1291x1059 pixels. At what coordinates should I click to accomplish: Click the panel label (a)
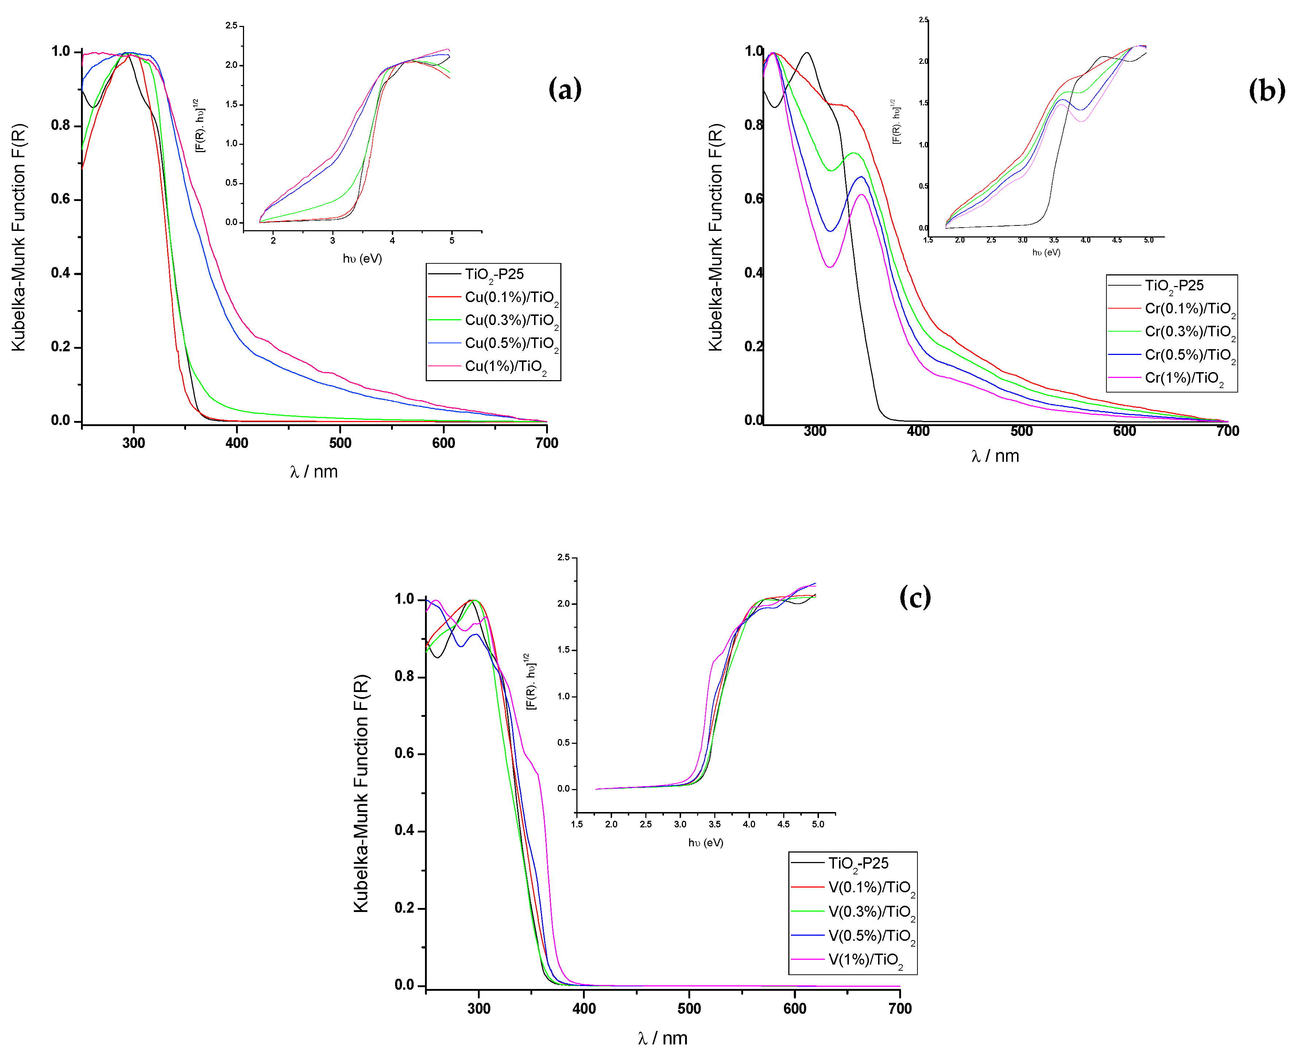[564, 90]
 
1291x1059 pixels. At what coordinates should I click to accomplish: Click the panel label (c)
[915, 596]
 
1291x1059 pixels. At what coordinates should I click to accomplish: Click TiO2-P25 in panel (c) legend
[857, 863]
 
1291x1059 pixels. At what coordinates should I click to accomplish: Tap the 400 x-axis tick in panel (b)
[917, 431]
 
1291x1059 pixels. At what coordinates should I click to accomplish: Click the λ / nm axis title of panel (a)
[314, 472]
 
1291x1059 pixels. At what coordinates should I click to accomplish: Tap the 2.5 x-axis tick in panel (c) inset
[646, 824]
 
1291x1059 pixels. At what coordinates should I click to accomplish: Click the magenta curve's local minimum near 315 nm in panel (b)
[829, 267]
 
